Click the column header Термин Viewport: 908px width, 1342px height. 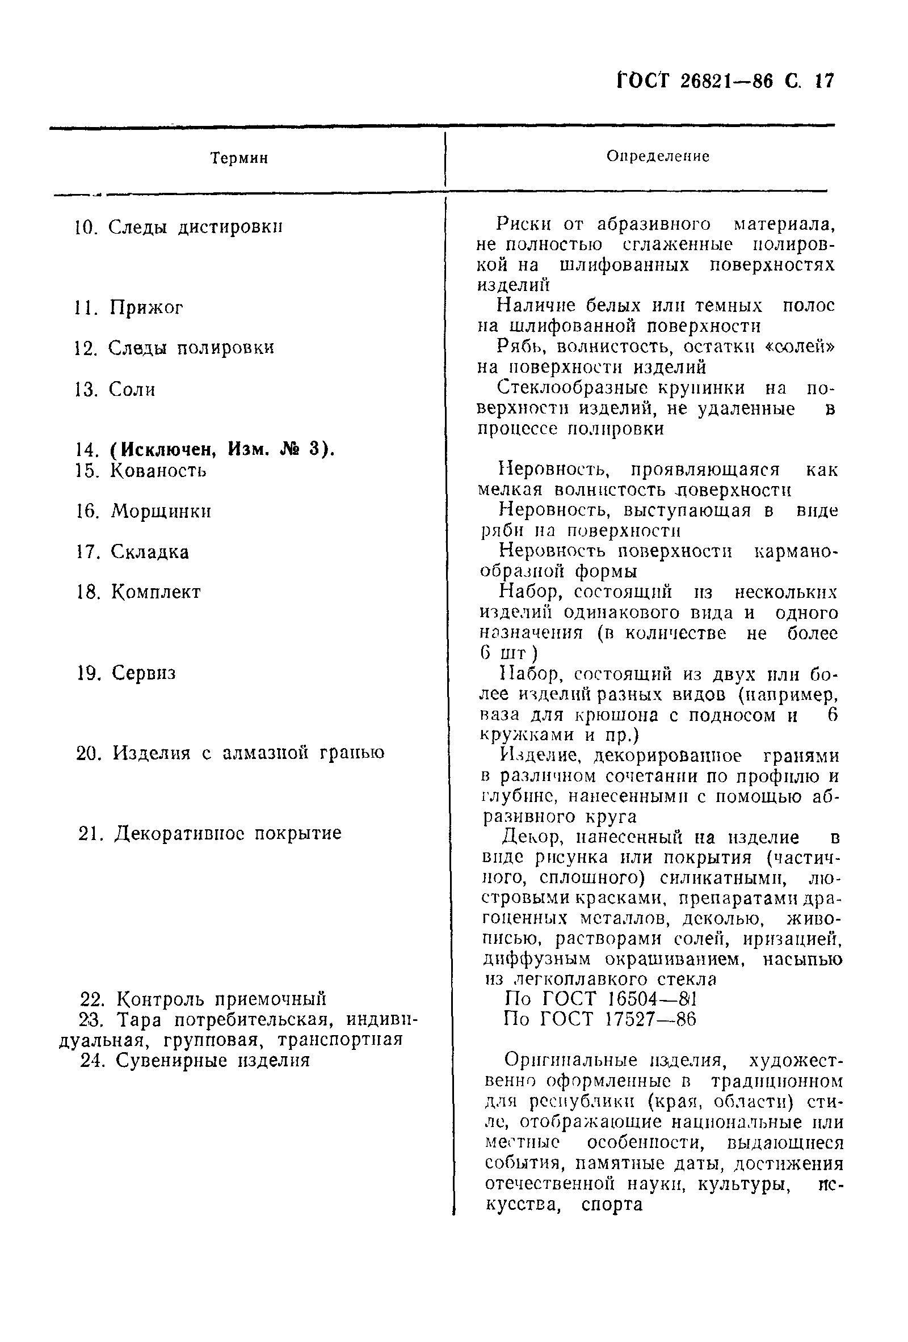pos(239,158)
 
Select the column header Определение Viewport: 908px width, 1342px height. pos(657,157)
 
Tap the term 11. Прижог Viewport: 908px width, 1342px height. pos(129,308)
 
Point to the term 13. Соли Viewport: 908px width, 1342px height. pos(116,390)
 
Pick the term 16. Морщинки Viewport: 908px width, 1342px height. pos(144,511)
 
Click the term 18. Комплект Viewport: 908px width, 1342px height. pos(138,592)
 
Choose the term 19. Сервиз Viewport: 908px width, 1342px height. pos(127,673)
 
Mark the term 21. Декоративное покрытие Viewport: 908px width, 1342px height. pos(209,833)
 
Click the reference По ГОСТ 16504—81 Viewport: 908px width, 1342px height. pos(601,998)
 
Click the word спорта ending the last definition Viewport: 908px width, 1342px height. pos(612,1205)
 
